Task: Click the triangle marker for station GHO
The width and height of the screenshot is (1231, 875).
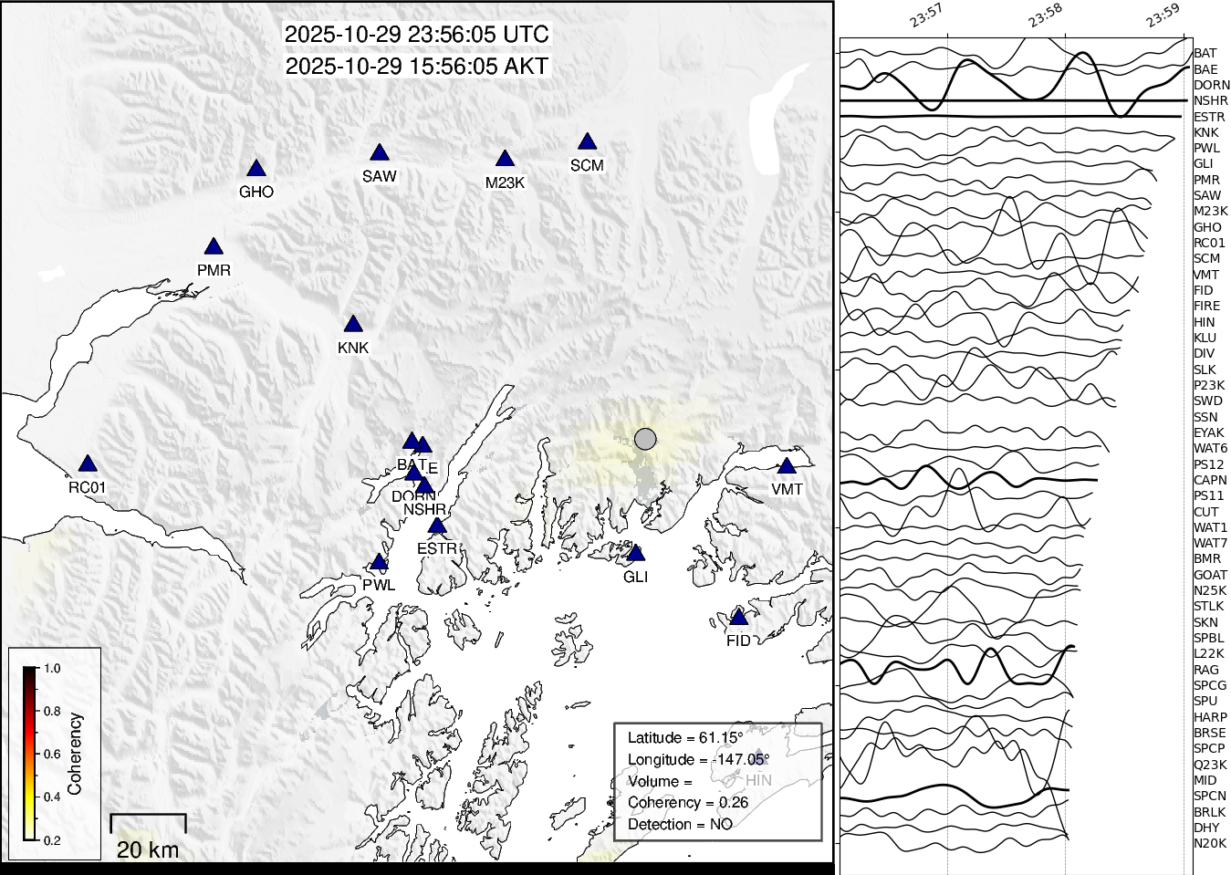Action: (x=256, y=169)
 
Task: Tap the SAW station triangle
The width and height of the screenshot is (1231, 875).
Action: (x=380, y=153)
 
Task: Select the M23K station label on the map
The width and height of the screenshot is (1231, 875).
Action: (x=505, y=182)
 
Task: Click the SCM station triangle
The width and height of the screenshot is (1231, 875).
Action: (x=587, y=142)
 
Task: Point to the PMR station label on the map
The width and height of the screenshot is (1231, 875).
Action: (x=214, y=270)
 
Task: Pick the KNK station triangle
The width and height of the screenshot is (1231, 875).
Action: (x=353, y=325)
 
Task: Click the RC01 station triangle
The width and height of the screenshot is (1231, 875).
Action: (x=87, y=464)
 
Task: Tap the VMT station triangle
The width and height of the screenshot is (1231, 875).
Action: (x=787, y=466)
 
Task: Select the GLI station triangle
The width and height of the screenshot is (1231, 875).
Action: (x=636, y=554)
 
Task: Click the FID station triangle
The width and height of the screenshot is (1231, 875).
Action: (x=738, y=618)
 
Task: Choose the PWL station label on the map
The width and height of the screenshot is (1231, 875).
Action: (x=379, y=585)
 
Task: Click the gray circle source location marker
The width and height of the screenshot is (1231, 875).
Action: (x=645, y=439)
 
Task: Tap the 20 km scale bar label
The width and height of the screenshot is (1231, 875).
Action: (x=148, y=849)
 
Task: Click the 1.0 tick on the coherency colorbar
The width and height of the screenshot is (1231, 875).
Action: (x=52, y=668)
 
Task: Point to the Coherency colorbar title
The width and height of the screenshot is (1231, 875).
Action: (x=75, y=754)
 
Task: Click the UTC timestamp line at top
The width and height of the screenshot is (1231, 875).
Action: (x=417, y=35)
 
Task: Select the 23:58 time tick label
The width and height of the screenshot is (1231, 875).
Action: (x=1045, y=16)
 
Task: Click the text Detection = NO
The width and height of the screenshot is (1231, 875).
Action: (x=680, y=824)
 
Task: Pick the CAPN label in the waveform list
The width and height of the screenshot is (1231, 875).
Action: (x=1210, y=480)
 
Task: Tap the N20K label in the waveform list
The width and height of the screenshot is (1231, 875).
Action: (x=1210, y=843)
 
